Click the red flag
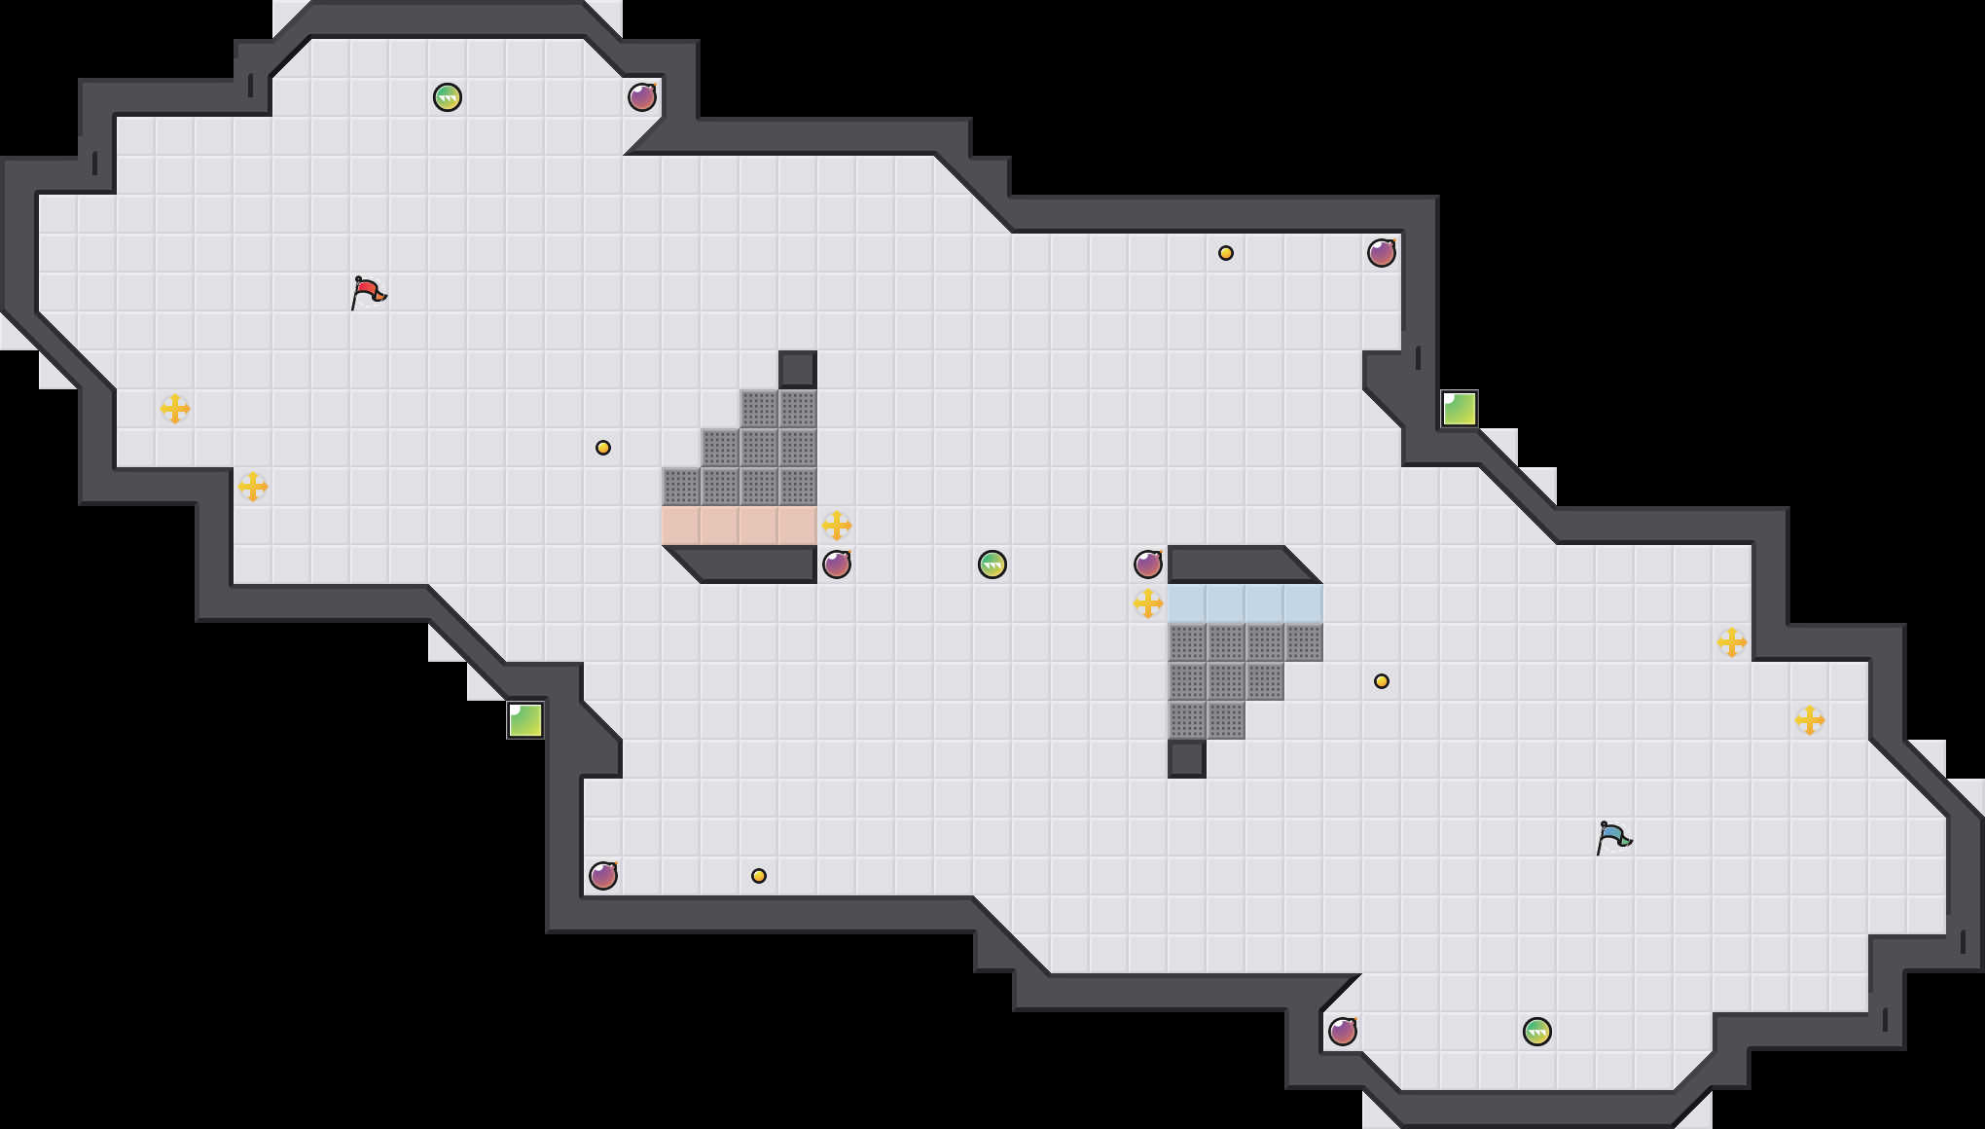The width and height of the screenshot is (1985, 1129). (x=368, y=292)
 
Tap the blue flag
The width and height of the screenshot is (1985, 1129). (x=1613, y=837)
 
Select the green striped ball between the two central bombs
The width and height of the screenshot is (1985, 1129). (x=992, y=564)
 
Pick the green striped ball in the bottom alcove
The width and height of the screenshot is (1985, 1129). (x=1537, y=1032)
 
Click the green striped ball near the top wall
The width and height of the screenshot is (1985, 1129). (x=448, y=97)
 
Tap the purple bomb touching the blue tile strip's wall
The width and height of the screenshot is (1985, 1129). (x=1148, y=564)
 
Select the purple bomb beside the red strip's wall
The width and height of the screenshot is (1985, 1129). (x=837, y=564)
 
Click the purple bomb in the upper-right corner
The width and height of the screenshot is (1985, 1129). (x=1382, y=253)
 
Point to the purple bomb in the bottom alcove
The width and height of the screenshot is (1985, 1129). (x=1343, y=1032)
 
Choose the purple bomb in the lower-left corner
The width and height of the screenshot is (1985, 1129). (x=603, y=876)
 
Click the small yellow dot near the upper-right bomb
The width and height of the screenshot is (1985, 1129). (x=1226, y=253)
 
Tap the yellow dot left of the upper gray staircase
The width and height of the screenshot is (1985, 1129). (x=603, y=448)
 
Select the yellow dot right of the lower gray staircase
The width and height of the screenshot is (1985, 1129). (x=1382, y=681)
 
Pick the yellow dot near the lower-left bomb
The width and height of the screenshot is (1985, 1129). (x=759, y=876)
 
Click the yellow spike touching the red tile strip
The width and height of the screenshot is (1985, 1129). (x=837, y=526)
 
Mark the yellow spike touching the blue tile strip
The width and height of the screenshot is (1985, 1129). (x=1148, y=603)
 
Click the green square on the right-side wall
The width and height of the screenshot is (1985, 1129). (x=1460, y=409)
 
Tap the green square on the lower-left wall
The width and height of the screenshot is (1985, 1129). (x=525, y=720)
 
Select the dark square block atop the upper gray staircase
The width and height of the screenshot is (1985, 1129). (x=798, y=370)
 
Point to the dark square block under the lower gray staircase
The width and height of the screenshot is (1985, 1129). (x=1187, y=759)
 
